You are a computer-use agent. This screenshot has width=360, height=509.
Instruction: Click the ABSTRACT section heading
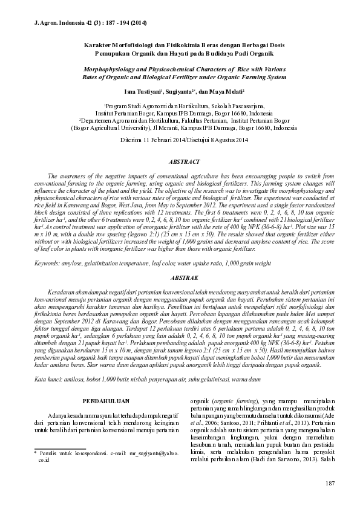click(x=180, y=162)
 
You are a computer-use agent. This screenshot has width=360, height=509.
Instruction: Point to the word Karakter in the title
click(x=97, y=45)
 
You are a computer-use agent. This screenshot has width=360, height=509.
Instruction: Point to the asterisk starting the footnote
click(x=35, y=452)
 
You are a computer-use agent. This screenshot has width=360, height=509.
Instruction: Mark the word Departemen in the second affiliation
click(x=99, y=120)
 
